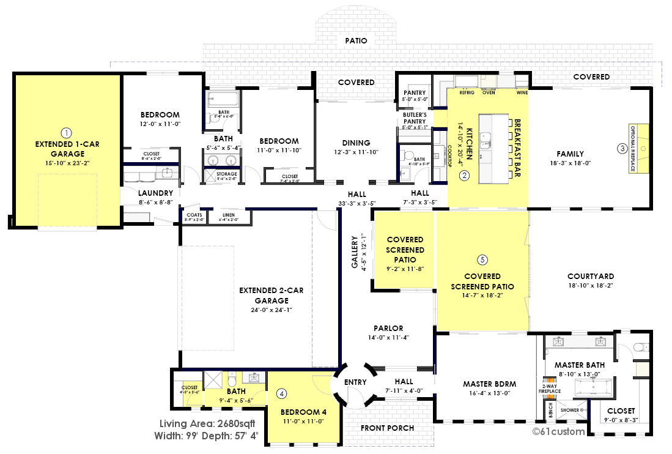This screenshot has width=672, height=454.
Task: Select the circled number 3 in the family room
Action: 621,147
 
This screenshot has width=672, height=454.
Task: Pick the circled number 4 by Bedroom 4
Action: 281,393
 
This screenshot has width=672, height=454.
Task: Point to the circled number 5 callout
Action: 482,260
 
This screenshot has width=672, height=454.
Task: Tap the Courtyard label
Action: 591,277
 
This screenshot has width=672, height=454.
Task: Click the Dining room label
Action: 357,141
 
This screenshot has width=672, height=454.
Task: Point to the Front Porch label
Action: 387,428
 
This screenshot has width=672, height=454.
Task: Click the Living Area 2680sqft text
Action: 207,424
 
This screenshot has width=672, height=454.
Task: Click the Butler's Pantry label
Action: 415,117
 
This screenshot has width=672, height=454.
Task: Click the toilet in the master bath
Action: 639,348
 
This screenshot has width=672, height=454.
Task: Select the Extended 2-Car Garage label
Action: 271,296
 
